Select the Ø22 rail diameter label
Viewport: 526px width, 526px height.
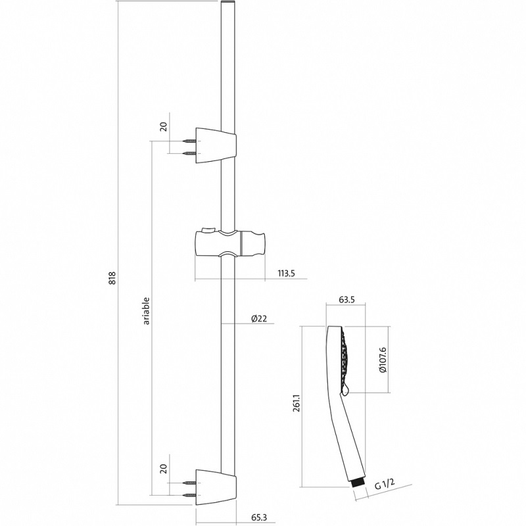click(258, 319)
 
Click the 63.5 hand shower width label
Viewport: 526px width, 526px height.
click(346, 300)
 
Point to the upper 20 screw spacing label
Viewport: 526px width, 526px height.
click(165, 127)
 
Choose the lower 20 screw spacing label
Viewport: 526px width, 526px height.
click(165, 469)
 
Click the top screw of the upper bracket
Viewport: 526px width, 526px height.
click(191, 140)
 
